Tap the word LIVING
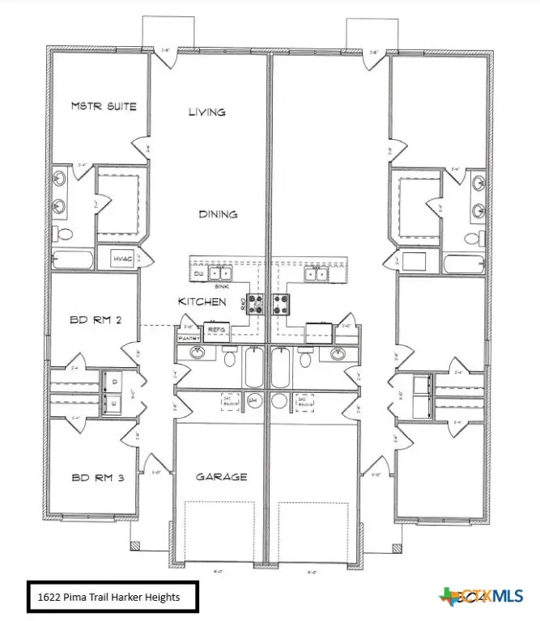[206, 112]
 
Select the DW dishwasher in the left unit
[199, 275]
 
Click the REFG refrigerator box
[217, 331]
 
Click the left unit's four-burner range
[255, 304]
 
